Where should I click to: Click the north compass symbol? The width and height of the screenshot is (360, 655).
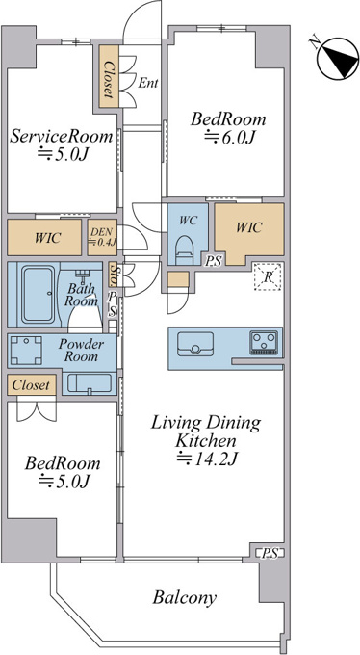(x=338, y=58)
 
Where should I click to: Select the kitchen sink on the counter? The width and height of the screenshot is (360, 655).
(x=195, y=344)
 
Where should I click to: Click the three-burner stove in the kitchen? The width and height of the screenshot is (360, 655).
(x=264, y=343)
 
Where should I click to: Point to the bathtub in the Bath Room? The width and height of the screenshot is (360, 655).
(x=39, y=295)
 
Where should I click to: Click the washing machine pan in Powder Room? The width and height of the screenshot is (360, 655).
(x=26, y=350)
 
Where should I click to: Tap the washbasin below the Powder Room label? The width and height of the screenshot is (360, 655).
(x=90, y=382)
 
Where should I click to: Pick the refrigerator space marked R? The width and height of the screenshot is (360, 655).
(x=269, y=276)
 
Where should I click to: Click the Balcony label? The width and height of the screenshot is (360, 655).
(x=184, y=598)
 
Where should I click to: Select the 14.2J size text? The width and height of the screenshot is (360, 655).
(x=208, y=458)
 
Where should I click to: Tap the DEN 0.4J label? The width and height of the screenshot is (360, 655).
(x=102, y=237)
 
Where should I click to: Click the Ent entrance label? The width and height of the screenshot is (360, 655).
(x=148, y=83)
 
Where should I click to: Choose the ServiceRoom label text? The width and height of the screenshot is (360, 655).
(x=62, y=136)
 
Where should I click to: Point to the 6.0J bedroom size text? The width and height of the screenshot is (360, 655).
(x=229, y=137)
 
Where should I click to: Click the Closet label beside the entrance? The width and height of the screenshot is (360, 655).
(x=109, y=80)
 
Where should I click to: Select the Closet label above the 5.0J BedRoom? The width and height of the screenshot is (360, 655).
(x=31, y=384)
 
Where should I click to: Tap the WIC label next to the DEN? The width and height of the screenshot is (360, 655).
(x=48, y=238)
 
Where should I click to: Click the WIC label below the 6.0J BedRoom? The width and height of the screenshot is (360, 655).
(x=249, y=227)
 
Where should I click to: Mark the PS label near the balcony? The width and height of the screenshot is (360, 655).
(x=270, y=554)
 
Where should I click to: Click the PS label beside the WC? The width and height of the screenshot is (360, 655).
(x=213, y=262)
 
